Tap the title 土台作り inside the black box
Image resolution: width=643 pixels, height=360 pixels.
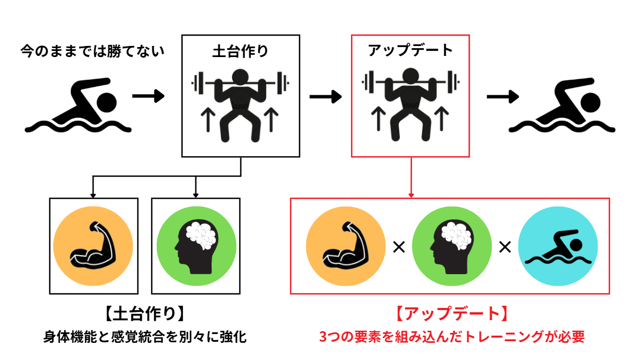(240, 52)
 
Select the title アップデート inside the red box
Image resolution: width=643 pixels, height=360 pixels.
(410, 50)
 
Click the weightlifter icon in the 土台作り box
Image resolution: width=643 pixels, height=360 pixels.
(240, 103)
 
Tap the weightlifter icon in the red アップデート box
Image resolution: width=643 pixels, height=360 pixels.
(410, 103)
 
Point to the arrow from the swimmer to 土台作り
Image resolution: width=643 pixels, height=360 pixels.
(148, 96)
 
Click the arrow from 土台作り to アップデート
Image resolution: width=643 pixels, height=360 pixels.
(326, 97)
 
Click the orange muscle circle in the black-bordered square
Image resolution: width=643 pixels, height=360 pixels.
(93, 246)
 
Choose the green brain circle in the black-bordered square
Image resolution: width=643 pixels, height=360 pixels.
(196, 246)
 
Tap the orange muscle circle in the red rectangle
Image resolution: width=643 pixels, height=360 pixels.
(345, 246)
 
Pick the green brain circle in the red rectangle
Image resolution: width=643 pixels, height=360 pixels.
(451, 246)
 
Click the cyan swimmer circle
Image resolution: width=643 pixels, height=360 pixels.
(558, 246)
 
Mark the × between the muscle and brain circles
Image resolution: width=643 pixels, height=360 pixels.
(398, 247)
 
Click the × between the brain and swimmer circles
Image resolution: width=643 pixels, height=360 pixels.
(505, 247)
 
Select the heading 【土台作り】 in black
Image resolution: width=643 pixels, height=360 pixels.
(145, 314)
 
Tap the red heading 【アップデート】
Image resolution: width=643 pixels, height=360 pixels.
(451, 314)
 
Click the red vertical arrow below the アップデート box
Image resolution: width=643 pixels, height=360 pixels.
(410, 177)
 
